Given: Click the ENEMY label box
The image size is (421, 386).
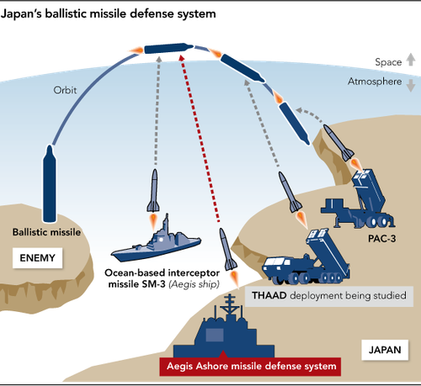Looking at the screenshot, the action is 37,258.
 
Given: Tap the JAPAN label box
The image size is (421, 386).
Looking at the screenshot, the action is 385,350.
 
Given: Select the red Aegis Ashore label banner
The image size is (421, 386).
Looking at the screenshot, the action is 250,366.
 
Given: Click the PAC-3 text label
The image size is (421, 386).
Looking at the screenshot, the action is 381,239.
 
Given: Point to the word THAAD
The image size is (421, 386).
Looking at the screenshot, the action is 269,295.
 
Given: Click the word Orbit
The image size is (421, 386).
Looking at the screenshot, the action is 65,90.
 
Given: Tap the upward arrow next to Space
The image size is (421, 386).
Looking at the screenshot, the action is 411,59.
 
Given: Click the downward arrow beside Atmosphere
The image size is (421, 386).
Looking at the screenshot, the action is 411,85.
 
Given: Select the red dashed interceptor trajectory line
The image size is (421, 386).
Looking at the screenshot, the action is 199,139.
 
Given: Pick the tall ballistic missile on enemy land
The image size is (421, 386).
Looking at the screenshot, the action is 50,183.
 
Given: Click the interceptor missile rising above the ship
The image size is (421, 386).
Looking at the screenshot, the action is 153,191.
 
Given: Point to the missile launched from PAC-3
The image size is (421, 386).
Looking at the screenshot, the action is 338,143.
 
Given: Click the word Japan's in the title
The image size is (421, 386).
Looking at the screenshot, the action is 21,14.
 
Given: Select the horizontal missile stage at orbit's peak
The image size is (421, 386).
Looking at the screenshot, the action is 169,48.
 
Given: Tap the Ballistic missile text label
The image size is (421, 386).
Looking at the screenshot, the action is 46,232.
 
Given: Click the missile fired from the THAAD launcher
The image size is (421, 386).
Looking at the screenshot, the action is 290,193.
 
